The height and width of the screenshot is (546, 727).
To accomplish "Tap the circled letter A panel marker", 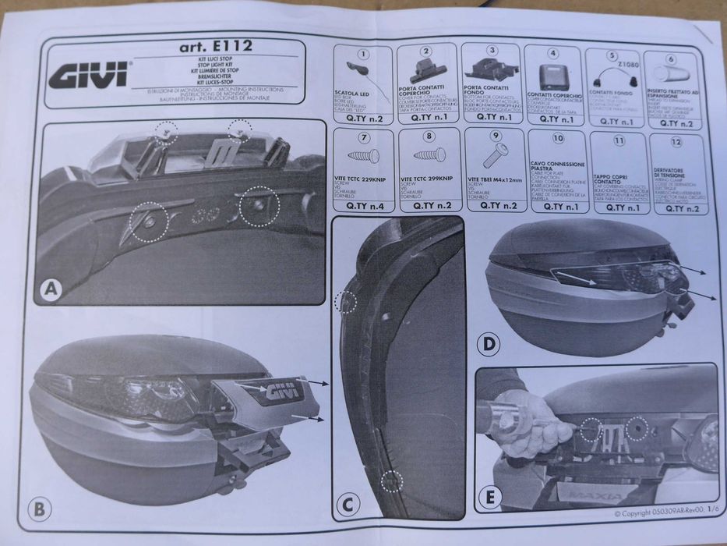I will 51,291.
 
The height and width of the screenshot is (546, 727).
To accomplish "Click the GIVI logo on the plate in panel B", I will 285,393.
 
